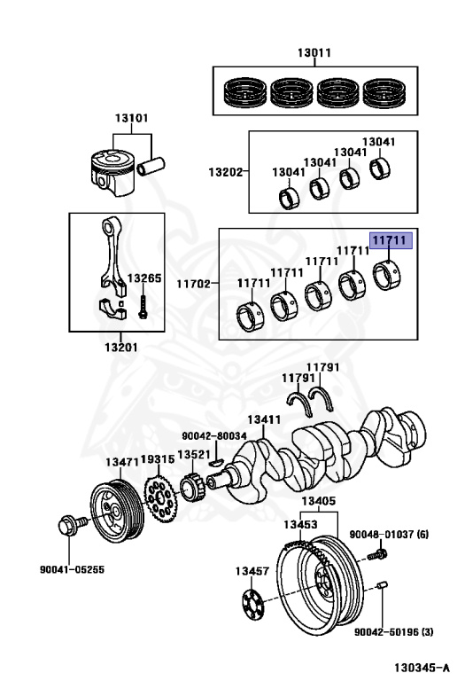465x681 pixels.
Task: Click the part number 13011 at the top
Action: (314, 52)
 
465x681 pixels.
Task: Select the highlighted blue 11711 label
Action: (389, 240)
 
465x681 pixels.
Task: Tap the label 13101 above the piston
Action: (131, 118)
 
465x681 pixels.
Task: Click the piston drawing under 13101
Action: (111, 168)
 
